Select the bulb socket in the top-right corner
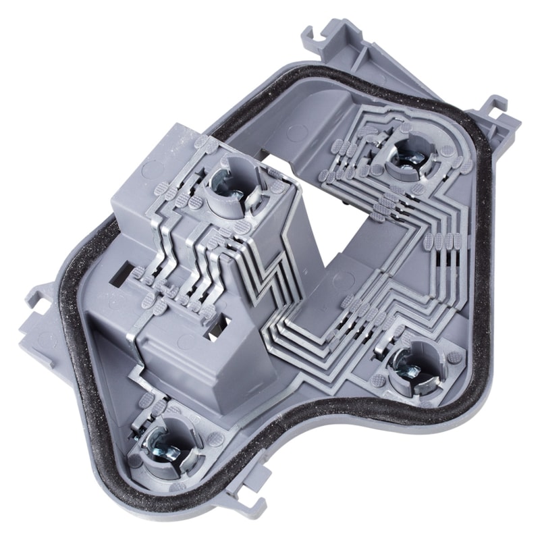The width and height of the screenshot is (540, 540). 410,155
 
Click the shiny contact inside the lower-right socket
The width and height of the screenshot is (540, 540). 412,369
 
